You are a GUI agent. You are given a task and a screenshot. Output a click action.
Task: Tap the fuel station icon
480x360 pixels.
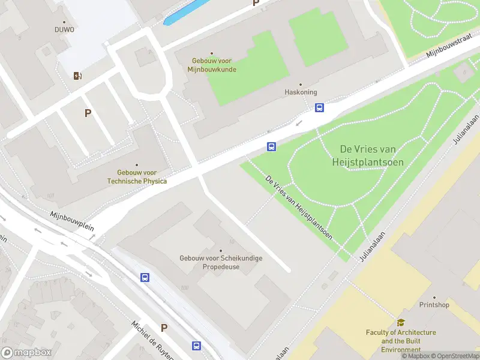(77, 76)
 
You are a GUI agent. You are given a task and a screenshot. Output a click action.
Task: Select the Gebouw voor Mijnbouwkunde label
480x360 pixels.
(212, 65)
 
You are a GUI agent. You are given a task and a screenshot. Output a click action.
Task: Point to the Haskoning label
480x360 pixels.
(300, 92)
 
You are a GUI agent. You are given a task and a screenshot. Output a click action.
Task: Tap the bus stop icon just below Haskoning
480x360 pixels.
(320, 108)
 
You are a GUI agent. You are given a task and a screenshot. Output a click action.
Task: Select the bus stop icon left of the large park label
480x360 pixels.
(271, 146)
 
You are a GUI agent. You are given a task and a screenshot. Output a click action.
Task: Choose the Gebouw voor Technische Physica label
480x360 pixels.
(137, 176)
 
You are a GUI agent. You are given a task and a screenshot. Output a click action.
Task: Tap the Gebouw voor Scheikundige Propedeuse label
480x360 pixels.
(221, 262)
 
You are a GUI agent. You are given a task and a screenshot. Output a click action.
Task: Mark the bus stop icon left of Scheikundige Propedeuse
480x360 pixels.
(145, 277)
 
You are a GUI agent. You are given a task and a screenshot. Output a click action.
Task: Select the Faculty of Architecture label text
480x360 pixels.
(401, 340)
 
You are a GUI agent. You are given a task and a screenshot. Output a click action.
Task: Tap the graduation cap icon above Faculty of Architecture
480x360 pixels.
(401, 322)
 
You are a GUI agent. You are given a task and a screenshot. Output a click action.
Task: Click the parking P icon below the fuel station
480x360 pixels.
(88, 113)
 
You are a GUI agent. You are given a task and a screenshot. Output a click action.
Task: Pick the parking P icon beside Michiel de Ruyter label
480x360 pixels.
(164, 328)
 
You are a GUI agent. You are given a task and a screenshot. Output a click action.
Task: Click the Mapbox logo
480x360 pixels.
(26, 353)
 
